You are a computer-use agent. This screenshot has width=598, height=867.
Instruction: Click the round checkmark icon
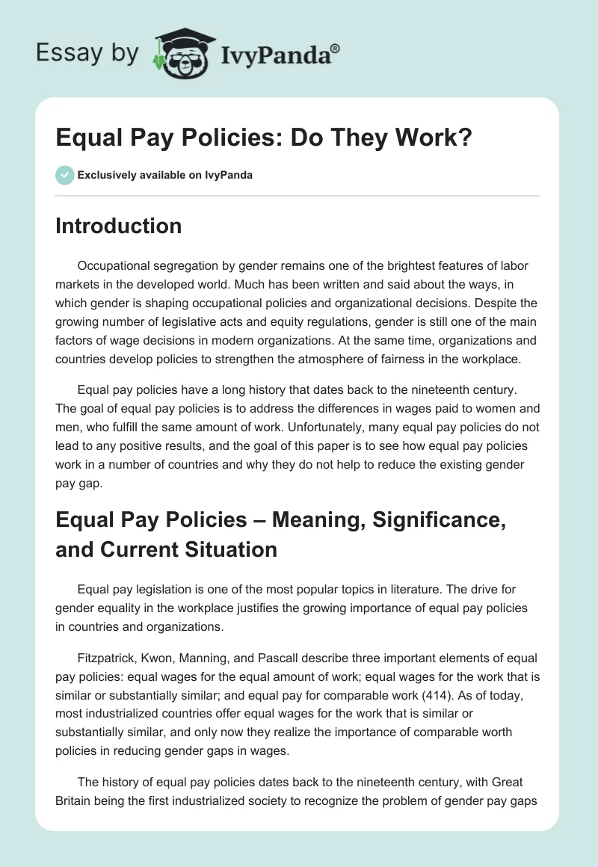click(64, 176)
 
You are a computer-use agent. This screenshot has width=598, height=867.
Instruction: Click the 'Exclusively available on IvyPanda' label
click(165, 176)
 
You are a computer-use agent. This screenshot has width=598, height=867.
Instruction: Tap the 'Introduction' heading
click(118, 226)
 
